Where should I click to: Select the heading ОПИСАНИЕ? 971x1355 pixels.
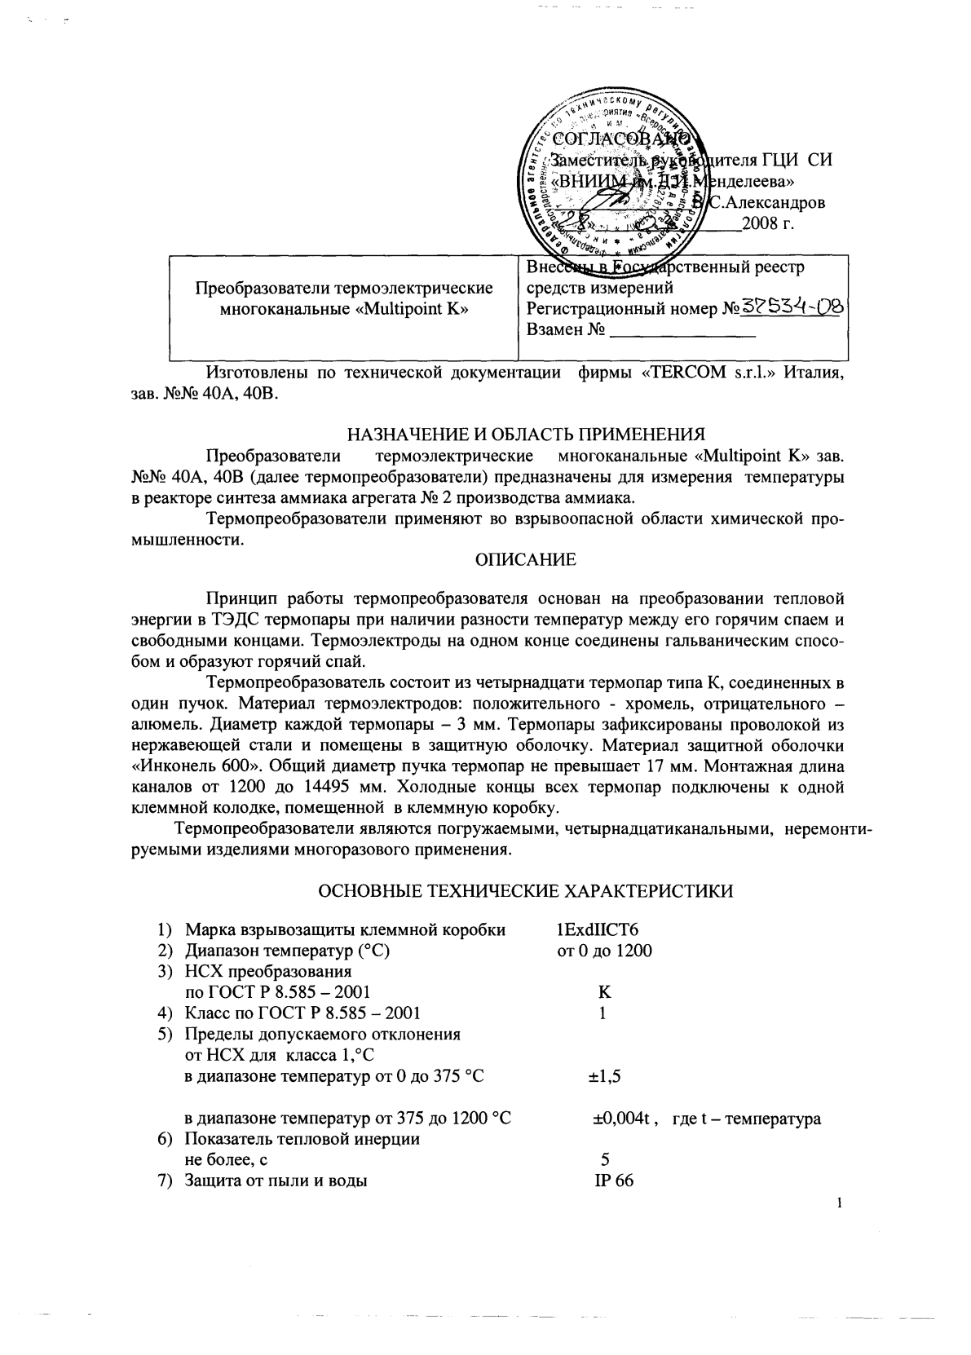tap(525, 560)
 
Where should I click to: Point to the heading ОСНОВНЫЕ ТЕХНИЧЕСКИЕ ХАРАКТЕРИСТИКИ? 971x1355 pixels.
tap(525, 891)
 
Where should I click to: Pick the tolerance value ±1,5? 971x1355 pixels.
tap(605, 1077)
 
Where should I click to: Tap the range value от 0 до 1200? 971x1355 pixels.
tap(604, 951)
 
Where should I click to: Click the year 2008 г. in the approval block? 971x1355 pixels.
tap(767, 223)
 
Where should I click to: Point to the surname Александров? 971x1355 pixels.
tap(774, 202)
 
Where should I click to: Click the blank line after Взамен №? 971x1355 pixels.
tap(683, 331)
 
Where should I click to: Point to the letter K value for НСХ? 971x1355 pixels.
tap(604, 992)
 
